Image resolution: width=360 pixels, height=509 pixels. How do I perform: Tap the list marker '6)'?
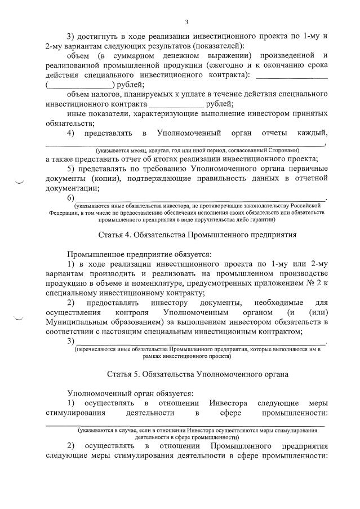(70, 198)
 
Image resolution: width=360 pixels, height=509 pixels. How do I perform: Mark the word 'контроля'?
(130, 312)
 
